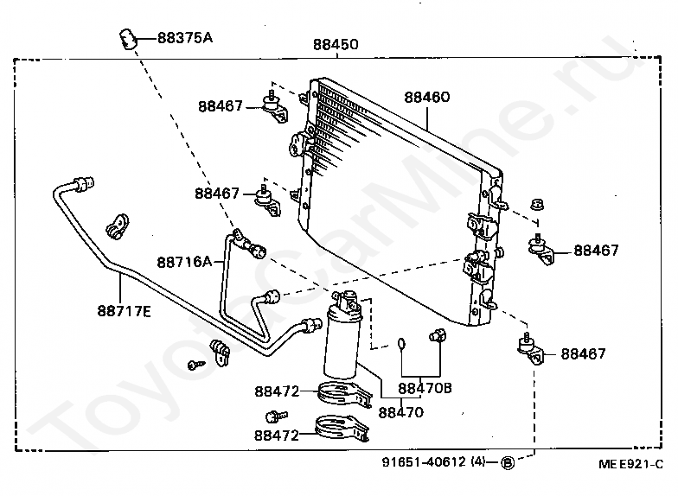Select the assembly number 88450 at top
click(335, 44)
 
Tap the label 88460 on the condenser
click(426, 98)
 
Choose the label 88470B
click(425, 388)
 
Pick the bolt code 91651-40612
click(423, 462)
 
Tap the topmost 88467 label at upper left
click(220, 106)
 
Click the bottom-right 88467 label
click(583, 353)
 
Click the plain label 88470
click(401, 412)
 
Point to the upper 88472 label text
click(277, 391)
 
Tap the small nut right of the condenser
click(535, 206)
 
